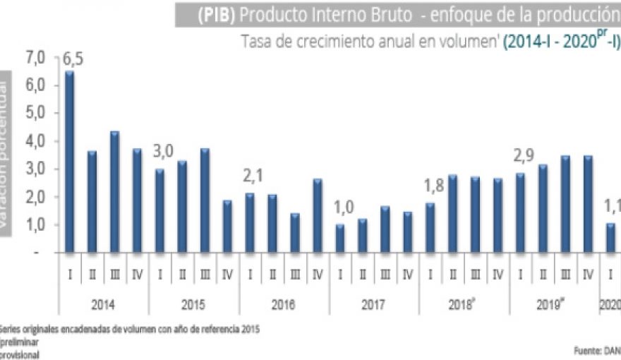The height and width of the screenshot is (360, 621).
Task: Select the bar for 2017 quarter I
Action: (340, 238)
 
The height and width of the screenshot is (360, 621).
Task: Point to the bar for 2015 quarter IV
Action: (227, 226)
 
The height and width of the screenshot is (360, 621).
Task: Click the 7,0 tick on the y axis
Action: (35, 57)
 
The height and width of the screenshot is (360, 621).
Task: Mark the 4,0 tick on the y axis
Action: (35, 141)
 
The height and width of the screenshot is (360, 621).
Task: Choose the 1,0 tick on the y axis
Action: (35, 225)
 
